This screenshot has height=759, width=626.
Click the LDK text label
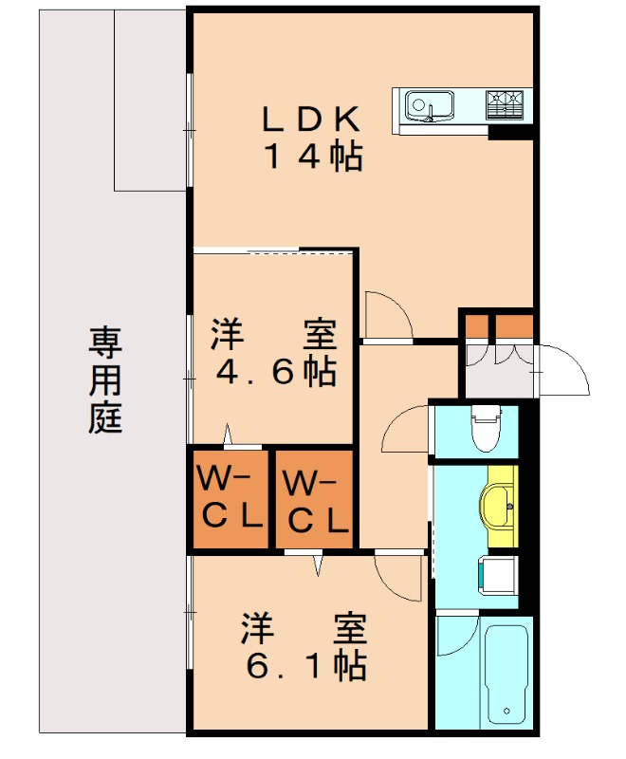(311, 120)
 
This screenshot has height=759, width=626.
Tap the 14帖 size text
(312, 157)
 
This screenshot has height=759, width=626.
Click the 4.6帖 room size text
(275, 371)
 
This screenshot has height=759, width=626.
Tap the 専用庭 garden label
(106, 379)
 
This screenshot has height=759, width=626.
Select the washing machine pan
(497, 574)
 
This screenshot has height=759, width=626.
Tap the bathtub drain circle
(507, 711)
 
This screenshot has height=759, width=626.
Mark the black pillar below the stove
(508, 132)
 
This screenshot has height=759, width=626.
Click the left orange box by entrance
(474, 326)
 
